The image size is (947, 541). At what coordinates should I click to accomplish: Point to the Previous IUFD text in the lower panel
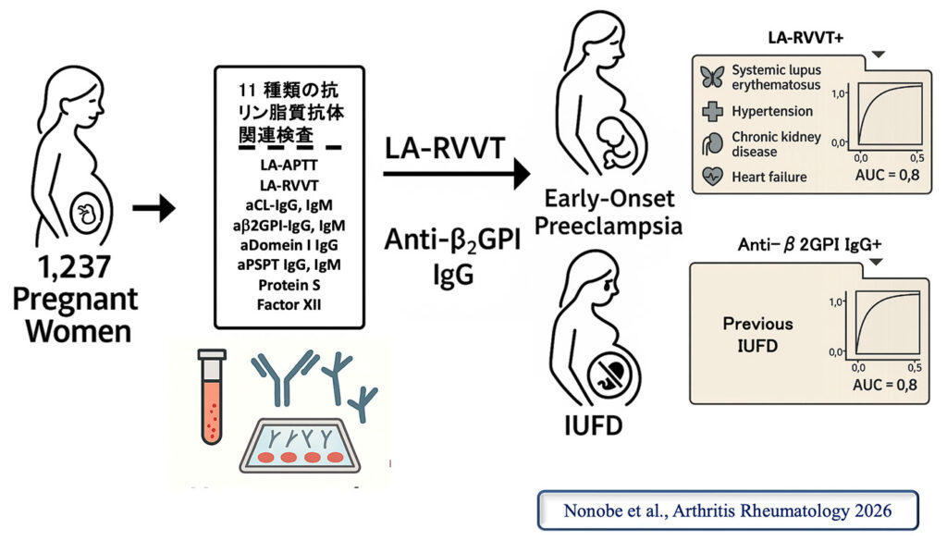coord(758,335)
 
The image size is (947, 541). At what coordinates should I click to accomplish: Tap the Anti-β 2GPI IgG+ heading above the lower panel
coord(798,249)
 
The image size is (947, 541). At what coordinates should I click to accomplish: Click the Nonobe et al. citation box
coord(729,510)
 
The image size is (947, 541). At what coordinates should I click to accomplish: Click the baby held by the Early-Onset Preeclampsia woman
coord(613,136)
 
